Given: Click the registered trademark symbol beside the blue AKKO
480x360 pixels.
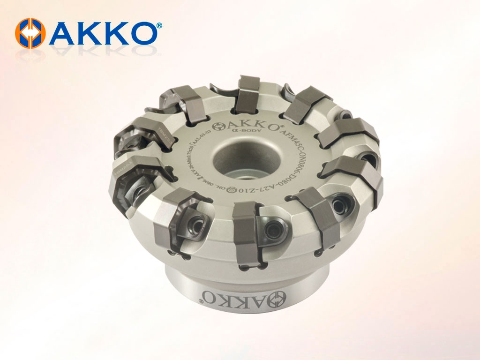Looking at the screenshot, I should [159, 25].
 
